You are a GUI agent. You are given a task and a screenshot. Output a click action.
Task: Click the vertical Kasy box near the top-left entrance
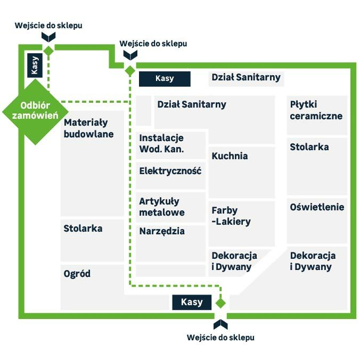tap(35, 66)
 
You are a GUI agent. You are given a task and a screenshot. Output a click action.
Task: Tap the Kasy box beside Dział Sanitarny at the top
tap(165, 79)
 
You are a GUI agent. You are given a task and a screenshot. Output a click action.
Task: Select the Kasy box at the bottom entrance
tap(192, 302)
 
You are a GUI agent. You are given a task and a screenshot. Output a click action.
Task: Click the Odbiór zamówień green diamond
tap(35, 112)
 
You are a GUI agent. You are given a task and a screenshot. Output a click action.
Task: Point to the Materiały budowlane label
tap(88, 128)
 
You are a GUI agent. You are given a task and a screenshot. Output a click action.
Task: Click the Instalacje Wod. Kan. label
tap(161, 144)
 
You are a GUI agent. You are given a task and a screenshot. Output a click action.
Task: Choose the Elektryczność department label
tap(170, 171)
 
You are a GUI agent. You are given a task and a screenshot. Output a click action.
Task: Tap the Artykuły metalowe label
tap(162, 207)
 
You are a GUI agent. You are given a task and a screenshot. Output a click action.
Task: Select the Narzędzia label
tap(162, 231)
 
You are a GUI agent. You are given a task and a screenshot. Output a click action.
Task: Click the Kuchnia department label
tap(230, 156)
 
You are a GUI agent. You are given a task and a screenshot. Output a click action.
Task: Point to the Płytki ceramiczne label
tap(316, 110)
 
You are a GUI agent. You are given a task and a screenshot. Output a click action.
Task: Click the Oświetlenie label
tap(317, 207)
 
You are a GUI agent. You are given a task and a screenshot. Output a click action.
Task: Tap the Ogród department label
tap(77, 274)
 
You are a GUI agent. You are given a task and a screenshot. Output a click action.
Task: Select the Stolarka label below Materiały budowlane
tap(83, 228)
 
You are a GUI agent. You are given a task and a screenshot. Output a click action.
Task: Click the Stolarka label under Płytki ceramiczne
tap(309, 147)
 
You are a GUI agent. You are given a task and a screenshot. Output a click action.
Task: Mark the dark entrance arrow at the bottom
tap(220, 324)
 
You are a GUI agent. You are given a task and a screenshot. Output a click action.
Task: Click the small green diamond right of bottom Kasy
tap(220, 303)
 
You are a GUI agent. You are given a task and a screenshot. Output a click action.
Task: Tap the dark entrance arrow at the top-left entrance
tap(48, 37)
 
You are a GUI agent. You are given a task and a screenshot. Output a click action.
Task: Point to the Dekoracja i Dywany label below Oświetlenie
tap(313, 261)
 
